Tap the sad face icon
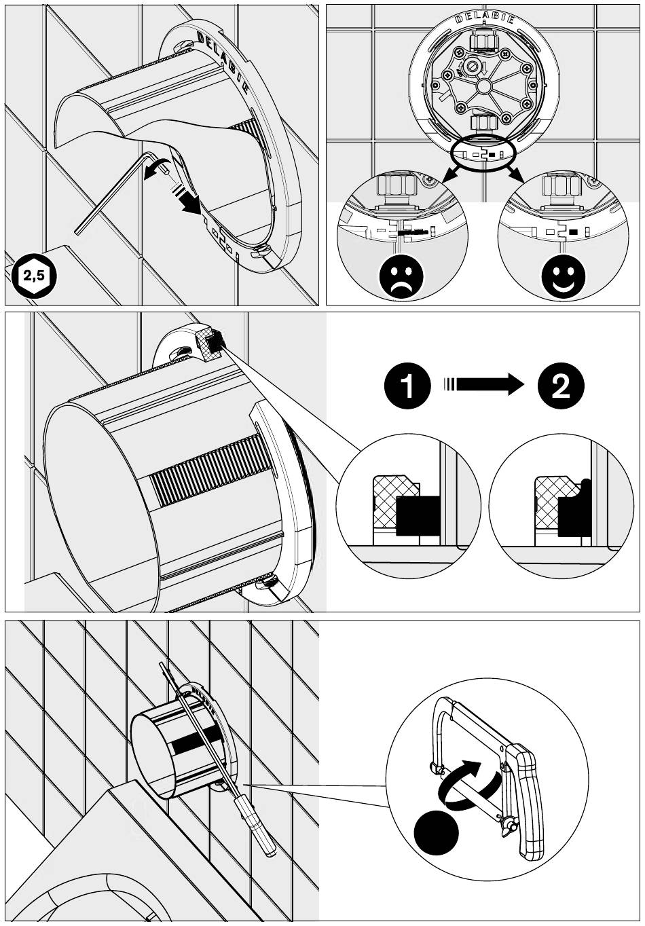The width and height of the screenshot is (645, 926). pos(401,276)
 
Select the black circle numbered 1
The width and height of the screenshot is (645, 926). pos(407,386)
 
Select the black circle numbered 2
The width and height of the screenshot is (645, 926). pos(561,386)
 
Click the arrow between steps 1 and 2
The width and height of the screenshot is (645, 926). pos(483,384)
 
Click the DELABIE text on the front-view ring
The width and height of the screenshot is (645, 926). pos(484,18)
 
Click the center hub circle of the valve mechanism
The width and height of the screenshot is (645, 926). pos(483,86)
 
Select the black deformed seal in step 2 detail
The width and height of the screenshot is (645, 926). pos(574,509)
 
